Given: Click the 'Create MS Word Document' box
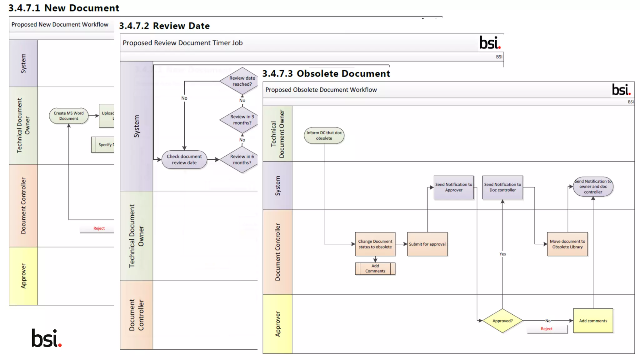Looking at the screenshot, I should [68, 116].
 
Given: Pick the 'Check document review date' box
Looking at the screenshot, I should [184, 159].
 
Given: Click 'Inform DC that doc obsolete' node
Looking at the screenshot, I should [324, 135].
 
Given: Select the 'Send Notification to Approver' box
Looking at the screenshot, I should [453, 187].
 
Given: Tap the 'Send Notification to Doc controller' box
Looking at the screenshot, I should [502, 187].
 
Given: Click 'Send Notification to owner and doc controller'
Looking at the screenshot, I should [593, 187].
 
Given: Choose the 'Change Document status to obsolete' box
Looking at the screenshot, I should [375, 244].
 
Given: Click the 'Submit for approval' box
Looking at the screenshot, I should [427, 244].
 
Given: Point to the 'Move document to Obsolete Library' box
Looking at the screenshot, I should [567, 244].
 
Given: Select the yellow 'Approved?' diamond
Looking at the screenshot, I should [502, 321].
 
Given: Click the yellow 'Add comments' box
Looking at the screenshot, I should [593, 321].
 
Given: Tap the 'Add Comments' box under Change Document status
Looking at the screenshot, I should [375, 268].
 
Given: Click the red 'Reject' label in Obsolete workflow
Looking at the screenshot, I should [546, 329].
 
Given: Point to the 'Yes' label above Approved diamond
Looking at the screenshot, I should [502, 254].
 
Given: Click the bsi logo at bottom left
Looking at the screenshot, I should [47, 338].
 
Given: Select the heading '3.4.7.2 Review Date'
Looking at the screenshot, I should [164, 26].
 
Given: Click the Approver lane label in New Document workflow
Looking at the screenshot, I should [23, 276].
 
